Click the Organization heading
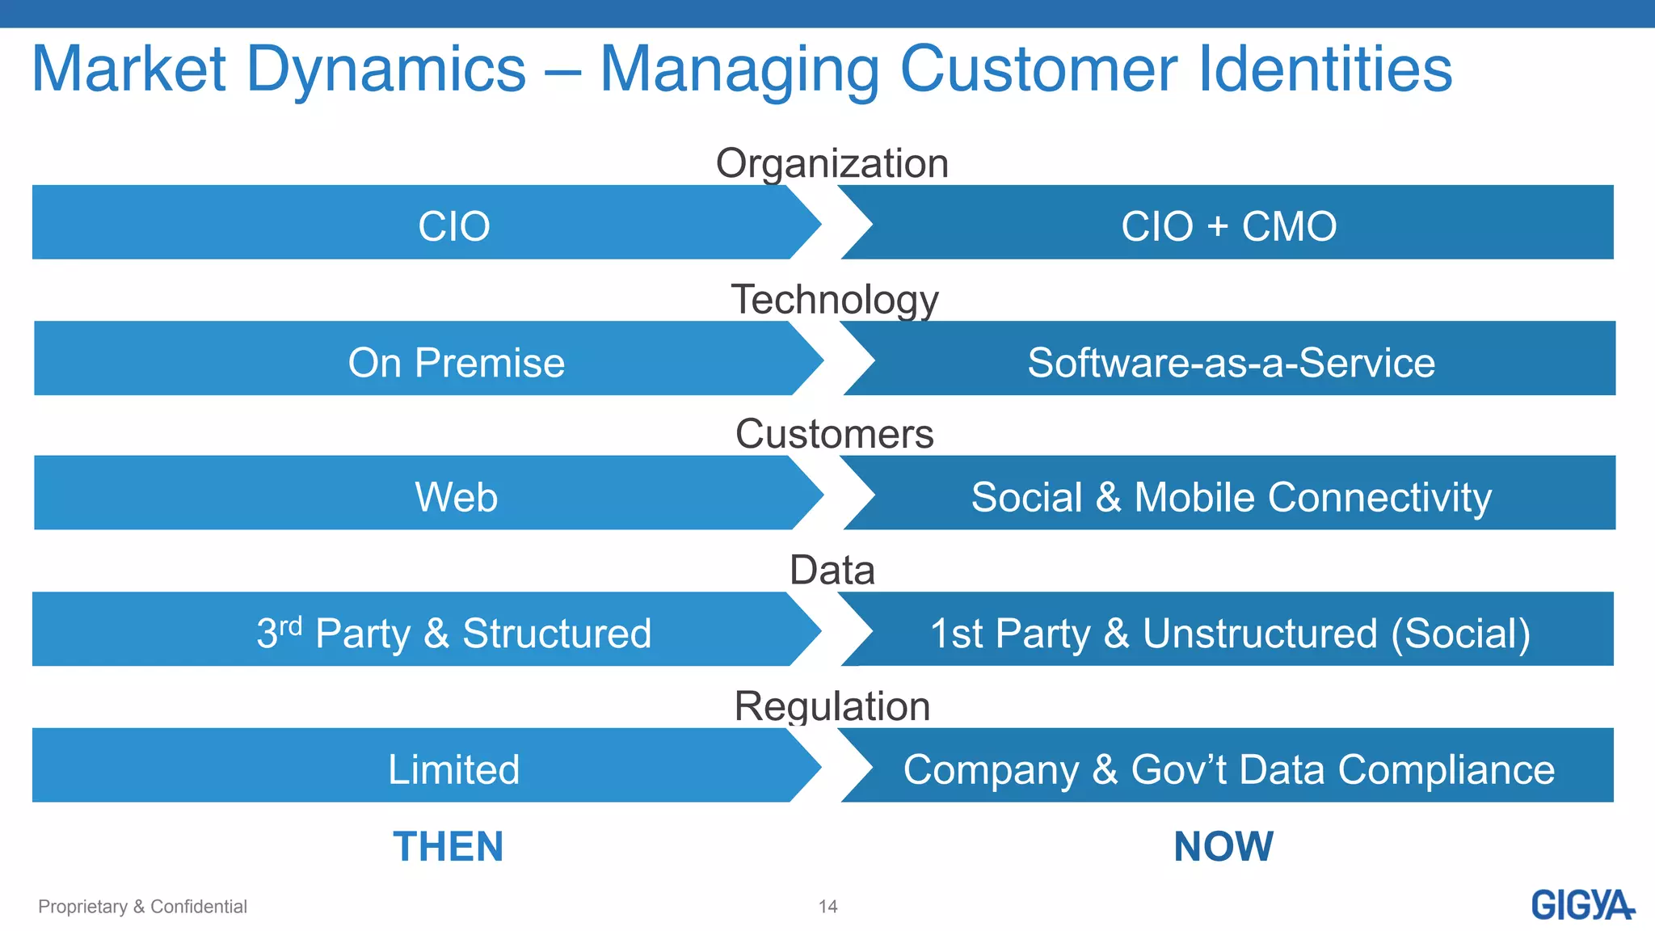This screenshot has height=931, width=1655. [x=832, y=163]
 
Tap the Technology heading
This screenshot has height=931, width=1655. [x=835, y=299]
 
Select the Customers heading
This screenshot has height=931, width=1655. [x=834, y=434]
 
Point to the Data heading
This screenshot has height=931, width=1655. [x=832, y=570]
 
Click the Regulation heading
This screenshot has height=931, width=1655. [x=832, y=706]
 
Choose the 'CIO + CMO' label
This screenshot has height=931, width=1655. [x=1228, y=226]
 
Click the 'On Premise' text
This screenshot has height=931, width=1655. [x=456, y=363]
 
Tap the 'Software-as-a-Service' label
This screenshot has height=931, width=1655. [x=1231, y=363]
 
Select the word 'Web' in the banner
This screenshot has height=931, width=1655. [x=456, y=497]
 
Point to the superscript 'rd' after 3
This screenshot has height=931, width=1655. [x=290, y=625]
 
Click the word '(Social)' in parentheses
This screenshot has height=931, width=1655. [x=1460, y=634]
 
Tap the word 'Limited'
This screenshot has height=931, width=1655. [x=453, y=769]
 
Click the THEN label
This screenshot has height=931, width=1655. [x=448, y=847]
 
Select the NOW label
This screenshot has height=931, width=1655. [x=1223, y=847]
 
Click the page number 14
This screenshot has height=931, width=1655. [x=827, y=907]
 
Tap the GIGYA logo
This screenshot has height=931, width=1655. [x=1581, y=905]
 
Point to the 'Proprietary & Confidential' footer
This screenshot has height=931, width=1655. [x=142, y=907]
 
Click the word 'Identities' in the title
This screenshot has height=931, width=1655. [x=1324, y=70]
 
